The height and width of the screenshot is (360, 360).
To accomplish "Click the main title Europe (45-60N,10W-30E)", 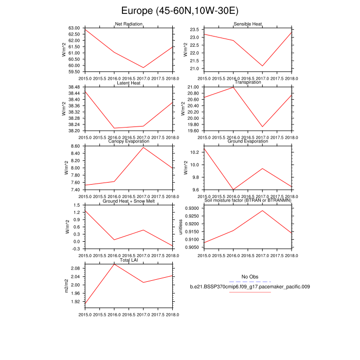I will coord(180,11).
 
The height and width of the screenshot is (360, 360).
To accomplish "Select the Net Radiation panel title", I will coord(129,24).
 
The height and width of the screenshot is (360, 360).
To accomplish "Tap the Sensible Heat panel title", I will coord(248,24).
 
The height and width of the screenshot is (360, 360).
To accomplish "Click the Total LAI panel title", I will coord(129,261).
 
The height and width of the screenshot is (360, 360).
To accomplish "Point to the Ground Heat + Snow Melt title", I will coord(129,201).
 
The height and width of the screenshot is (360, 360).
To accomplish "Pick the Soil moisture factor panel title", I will coord(248,201).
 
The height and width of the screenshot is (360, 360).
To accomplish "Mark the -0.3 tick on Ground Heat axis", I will coord(76,248).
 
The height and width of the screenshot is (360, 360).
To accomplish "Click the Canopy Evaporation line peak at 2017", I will coord(143,148).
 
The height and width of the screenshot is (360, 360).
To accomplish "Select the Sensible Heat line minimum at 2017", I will coord(263,66).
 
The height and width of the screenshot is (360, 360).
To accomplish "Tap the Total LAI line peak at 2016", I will coord(114,264).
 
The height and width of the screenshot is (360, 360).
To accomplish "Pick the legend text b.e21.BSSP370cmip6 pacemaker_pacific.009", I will coord(249,286).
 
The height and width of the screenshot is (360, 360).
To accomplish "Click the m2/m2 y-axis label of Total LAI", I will coord(66,286).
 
